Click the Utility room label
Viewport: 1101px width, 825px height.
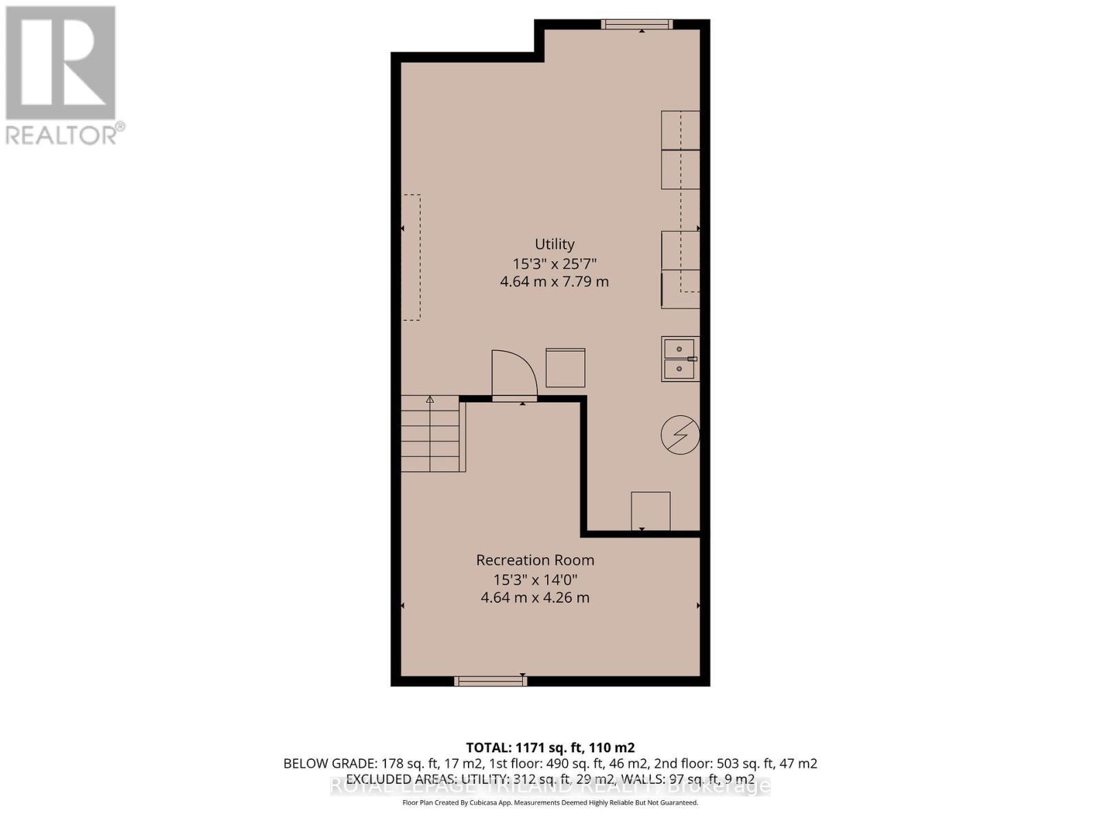click(x=555, y=244)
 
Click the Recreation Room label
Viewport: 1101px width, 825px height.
click(x=535, y=560)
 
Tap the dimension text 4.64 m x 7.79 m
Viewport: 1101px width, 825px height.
click(x=554, y=281)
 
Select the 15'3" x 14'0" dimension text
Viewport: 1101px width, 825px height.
click(x=535, y=579)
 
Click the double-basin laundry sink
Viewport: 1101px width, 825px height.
click(x=679, y=359)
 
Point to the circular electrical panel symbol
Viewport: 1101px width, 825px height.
click(x=680, y=435)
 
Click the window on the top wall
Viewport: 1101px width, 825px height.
click(x=637, y=25)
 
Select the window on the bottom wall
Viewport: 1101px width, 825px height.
click(x=491, y=681)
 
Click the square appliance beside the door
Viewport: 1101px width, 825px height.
click(x=566, y=368)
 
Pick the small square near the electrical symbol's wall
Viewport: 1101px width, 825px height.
click(x=650, y=511)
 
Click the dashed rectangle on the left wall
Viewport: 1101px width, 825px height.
click(x=411, y=257)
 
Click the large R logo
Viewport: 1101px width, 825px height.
click(x=61, y=63)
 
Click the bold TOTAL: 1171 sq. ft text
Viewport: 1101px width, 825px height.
click(x=550, y=747)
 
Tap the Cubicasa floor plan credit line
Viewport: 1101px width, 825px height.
click(x=550, y=803)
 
